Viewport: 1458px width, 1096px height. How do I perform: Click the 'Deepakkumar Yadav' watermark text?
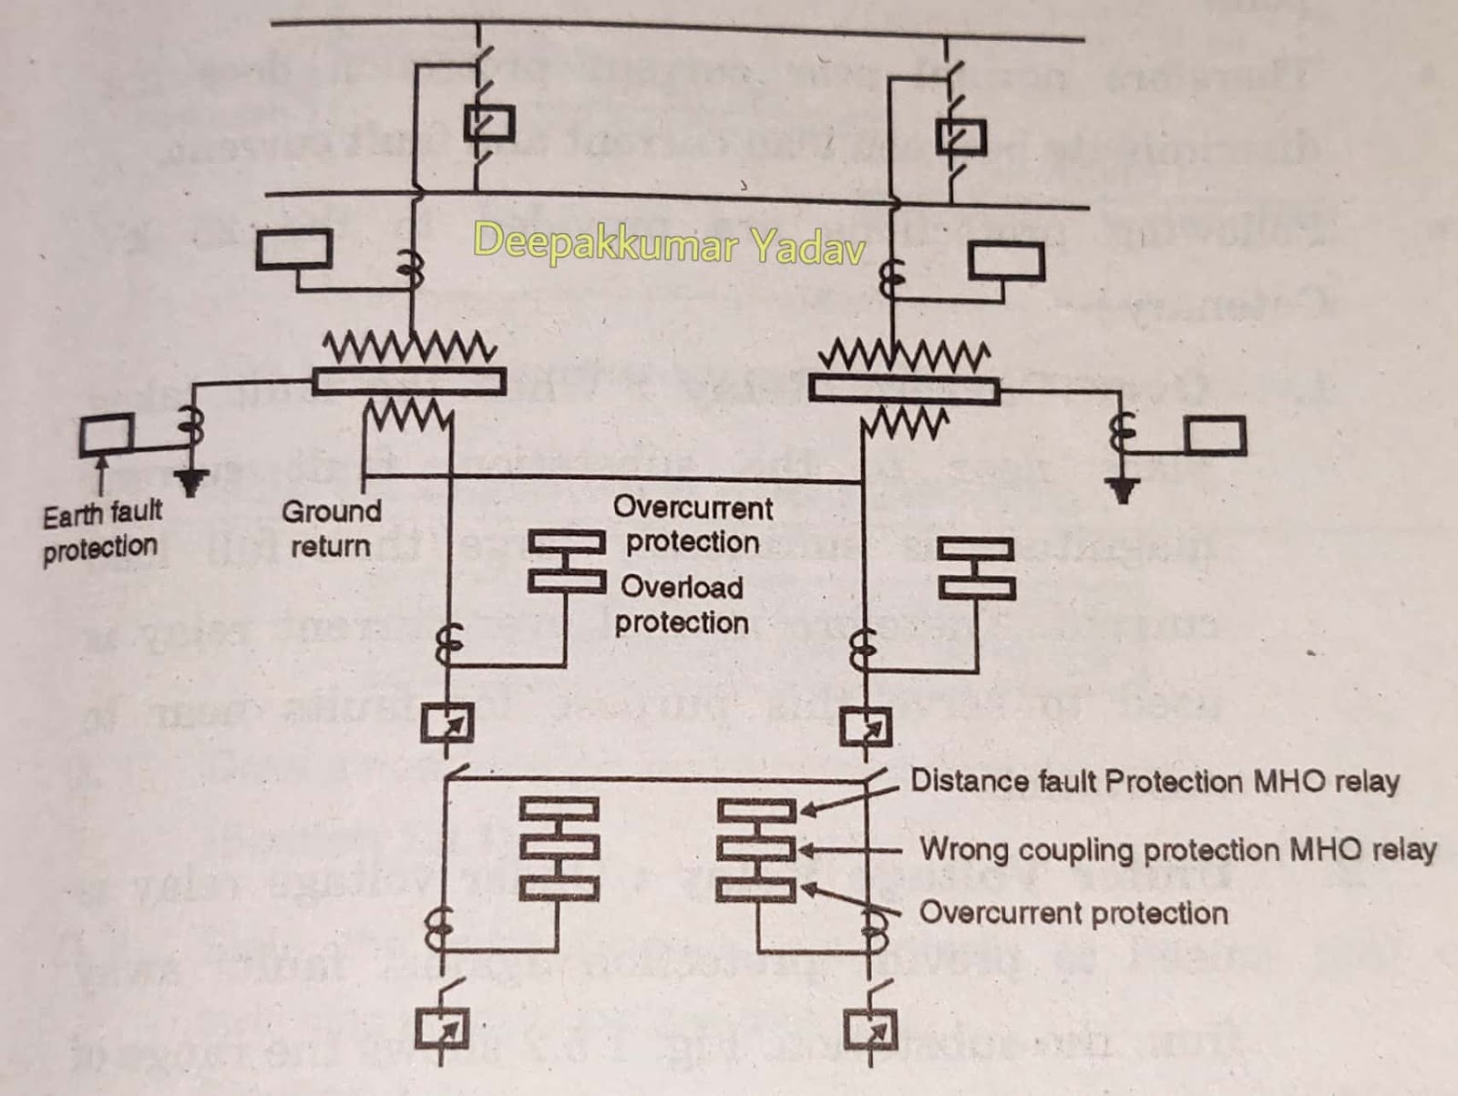(x=668, y=244)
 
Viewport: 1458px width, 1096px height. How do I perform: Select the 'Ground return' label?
(x=331, y=528)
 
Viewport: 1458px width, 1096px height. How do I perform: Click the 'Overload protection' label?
(x=682, y=604)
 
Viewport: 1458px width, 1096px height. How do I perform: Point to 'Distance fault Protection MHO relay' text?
(x=1155, y=782)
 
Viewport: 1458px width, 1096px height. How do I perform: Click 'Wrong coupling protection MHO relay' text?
(x=1177, y=850)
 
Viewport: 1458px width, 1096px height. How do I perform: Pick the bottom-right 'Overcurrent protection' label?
(x=1073, y=913)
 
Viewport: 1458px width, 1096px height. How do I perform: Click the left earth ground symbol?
(x=190, y=482)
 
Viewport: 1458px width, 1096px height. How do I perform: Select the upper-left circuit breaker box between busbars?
(x=490, y=124)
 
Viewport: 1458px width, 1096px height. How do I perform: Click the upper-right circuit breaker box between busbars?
(x=961, y=137)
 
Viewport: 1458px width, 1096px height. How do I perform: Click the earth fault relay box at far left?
(x=107, y=435)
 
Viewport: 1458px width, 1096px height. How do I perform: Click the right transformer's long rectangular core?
(x=904, y=390)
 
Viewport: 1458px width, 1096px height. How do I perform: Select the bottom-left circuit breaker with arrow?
(x=442, y=1030)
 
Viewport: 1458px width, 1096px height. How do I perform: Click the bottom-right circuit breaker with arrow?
(x=870, y=1030)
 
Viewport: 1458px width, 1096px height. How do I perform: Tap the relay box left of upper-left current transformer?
(x=293, y=248)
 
